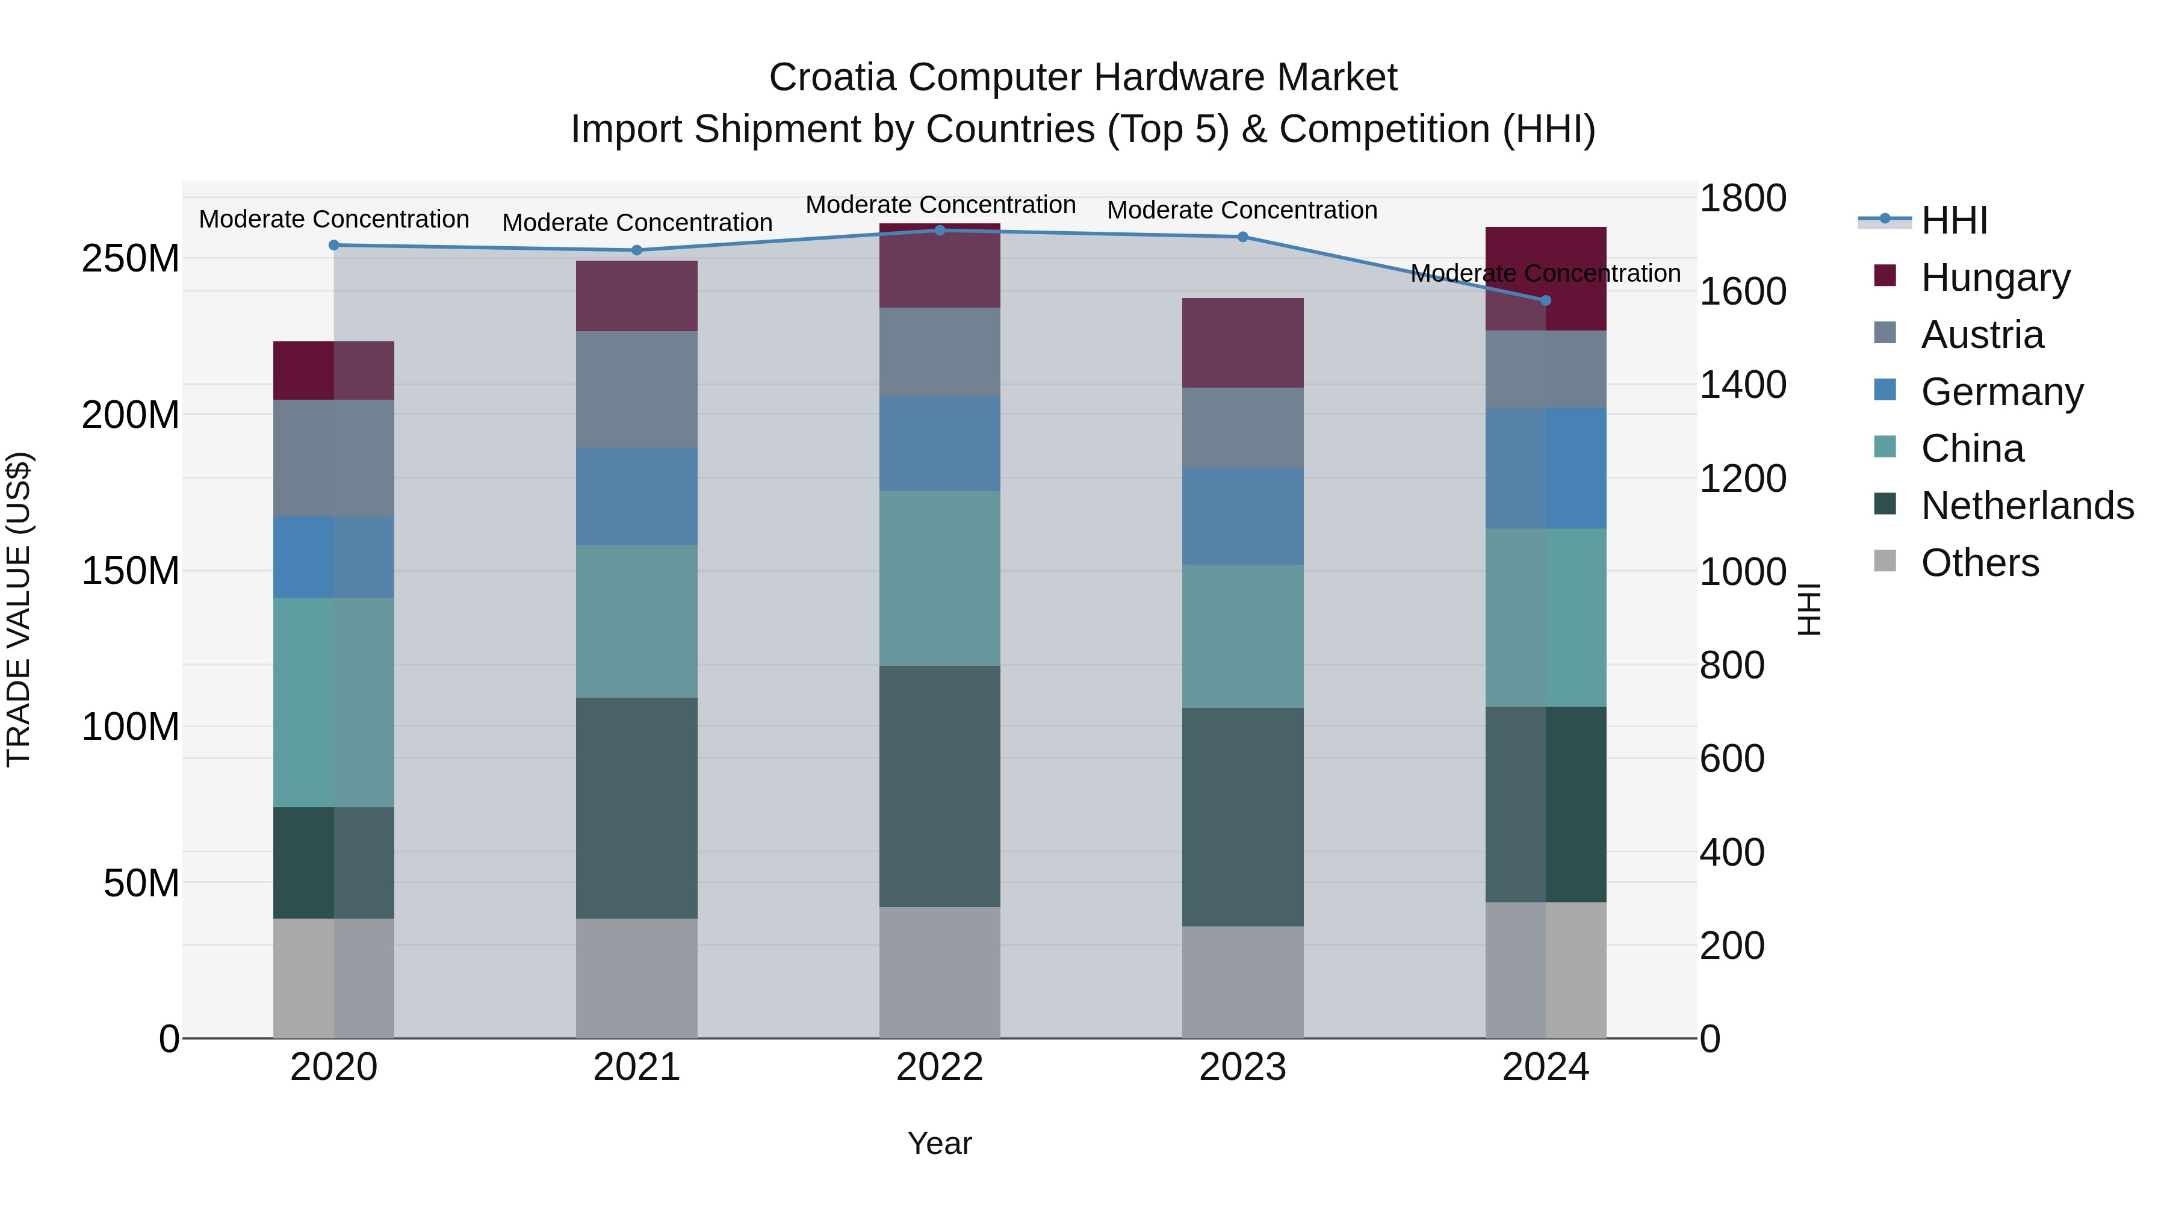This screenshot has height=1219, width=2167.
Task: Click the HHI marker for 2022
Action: (940, 231)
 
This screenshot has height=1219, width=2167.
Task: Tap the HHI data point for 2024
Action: (1545, 300)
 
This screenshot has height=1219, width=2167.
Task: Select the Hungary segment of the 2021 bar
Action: (637, 296)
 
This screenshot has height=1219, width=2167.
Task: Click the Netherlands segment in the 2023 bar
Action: (1242, 817)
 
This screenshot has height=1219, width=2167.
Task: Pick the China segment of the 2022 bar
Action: (940, 578)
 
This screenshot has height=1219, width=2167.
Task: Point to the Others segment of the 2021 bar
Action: (637, 978)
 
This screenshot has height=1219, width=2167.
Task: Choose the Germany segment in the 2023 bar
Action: (1242, 516)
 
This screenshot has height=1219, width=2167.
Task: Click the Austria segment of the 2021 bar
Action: (637, 389)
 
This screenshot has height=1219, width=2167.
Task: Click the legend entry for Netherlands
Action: (2027, 506)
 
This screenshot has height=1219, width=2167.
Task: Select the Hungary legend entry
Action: (1995, 277)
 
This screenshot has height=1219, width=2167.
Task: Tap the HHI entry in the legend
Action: (1953, 220)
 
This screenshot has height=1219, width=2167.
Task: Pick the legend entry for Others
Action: (1979, 563)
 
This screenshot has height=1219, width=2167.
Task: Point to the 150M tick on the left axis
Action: (131, 571)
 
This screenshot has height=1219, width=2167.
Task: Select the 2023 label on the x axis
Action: (1242, 1067)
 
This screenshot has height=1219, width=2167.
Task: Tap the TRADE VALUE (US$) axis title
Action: (19, 610)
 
